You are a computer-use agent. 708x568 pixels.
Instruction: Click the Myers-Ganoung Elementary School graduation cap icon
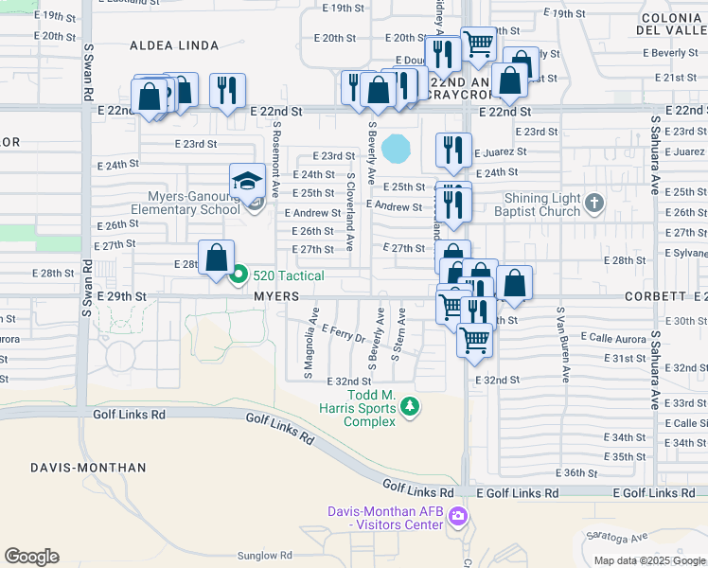(x=247, y=180)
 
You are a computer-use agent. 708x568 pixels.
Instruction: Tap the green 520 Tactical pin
(x=239, y=275)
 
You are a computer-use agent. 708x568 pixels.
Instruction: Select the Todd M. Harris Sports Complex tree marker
(x=409, y=407)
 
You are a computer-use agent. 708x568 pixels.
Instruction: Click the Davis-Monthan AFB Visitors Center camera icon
(x=458, y=517)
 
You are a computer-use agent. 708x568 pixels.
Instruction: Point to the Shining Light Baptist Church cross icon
(x=593, y=202)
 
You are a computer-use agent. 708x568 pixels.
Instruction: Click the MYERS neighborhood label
(x=276, y=296)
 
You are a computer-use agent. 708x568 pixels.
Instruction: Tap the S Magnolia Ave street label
(x=309, y=349)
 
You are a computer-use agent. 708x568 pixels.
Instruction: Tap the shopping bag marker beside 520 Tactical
(x=218, y=257)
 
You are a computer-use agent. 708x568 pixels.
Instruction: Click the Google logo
(x=31, y=557)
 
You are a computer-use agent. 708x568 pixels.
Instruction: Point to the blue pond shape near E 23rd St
(x=397, y=148)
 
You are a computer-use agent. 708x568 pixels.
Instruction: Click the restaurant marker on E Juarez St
(x=453, y=150)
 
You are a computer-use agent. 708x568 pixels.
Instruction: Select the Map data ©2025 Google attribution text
(x=649, y=560)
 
